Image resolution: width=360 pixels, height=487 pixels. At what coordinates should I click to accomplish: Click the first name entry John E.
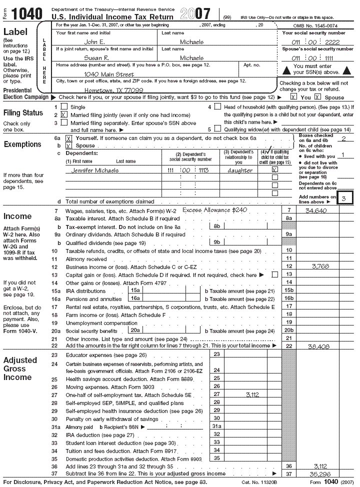coord(94,42)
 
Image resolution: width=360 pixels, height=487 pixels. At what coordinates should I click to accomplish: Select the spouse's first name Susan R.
coord(96,58)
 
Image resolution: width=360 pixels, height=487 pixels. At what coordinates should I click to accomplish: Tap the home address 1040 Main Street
coord(109,74)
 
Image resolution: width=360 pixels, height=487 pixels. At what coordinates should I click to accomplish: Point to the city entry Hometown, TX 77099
coord(114,90)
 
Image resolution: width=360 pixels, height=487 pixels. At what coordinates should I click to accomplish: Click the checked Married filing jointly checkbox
coord(63,114)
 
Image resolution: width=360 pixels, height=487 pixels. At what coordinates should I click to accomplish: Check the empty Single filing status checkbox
coord(63,106)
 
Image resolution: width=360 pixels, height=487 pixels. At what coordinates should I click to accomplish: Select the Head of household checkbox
coord(217,106)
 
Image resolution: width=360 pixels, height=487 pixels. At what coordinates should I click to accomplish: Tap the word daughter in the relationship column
coord(239,170)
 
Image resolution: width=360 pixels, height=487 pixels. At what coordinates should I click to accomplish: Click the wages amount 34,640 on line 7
coord(315,210)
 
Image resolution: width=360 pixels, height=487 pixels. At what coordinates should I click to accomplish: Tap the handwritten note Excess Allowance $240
coord(214,210)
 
